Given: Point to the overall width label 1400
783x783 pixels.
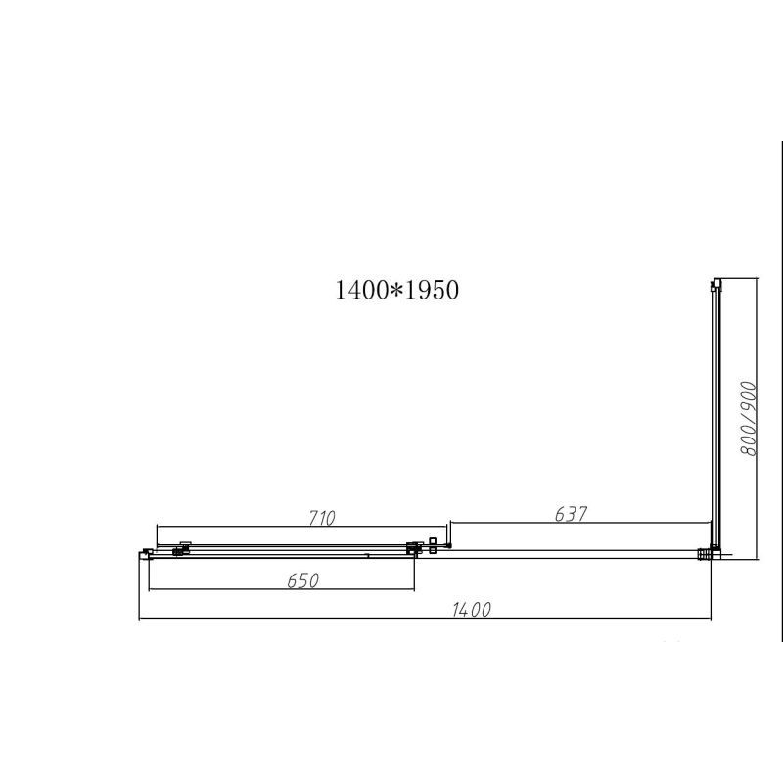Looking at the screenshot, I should [x=471, y=611].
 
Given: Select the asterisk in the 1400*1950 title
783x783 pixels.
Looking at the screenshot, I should [x=390, y=292].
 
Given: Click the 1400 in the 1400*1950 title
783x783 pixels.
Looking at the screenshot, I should [x=357, y=291].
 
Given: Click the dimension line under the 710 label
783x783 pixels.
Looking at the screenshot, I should [x=294, y=526].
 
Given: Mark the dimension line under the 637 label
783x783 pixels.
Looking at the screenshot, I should [x=577, y=523].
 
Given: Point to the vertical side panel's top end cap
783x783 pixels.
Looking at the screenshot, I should [x=715, y=284].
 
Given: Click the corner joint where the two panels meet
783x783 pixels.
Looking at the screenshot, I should [x=714, y=552].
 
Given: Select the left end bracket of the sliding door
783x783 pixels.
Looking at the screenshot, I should [x=147, y=554].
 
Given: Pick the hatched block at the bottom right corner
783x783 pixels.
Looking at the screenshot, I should [x=703, y=555].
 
